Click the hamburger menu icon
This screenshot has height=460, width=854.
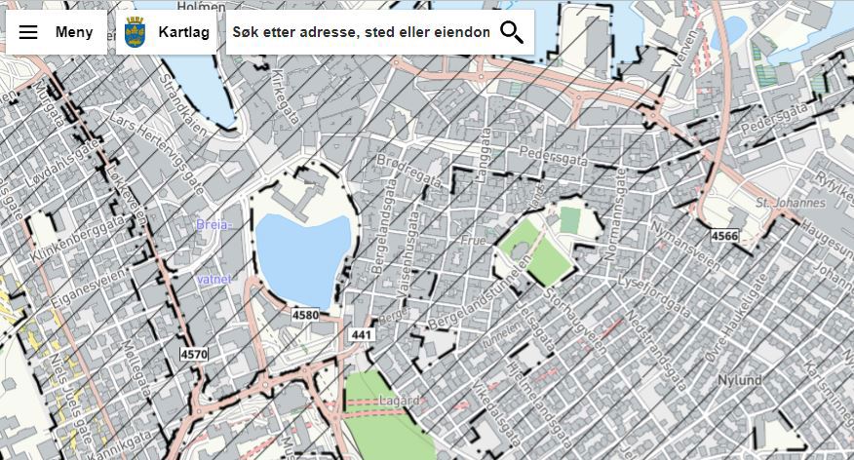click(x=28, y=32)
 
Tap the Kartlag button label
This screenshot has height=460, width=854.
click(x=183, y=32)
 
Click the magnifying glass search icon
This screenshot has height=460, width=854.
click(x=512, y=32)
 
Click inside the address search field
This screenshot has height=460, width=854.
click(x=361, y=32)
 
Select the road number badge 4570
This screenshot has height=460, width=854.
click(x=193, y=354)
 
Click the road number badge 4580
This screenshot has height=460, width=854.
click(x=305, y=315)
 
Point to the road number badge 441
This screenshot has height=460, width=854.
click(x=361, y=334)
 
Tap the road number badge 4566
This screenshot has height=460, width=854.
click(x=724, y=236)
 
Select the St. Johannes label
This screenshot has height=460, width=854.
click(x=791, y=203)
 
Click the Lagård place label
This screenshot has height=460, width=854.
click(x=401, y=401)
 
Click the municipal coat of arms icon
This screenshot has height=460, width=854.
click(x=136, y=32)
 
